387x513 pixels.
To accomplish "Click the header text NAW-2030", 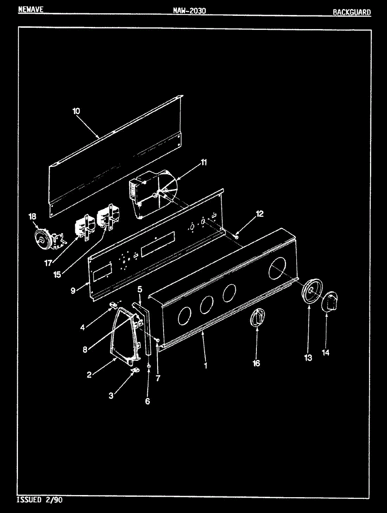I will [x=190, y=10].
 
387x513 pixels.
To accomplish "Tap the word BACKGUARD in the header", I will [x=351, y=12].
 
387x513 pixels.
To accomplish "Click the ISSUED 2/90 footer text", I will [x=39, y=499].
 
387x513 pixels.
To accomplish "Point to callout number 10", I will [x=76, y=111].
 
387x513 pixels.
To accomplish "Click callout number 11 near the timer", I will [x=204, y=162].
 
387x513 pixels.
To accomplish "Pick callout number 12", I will [x=260, y=214].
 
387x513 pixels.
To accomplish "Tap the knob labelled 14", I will [x=330, y=302].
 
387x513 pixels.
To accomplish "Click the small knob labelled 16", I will [x=258, y=318].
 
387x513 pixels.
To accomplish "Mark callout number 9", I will [x=73, y=290].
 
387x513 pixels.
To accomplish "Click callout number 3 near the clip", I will [x=111, y=396].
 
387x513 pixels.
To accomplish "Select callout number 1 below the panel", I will [x=205, y=366].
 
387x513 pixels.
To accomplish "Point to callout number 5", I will [x=140, y=290].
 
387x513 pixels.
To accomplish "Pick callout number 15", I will [x=57, y=274].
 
